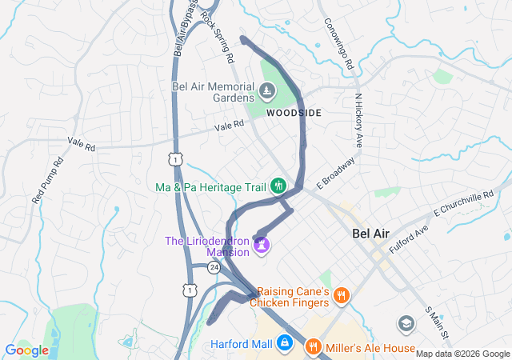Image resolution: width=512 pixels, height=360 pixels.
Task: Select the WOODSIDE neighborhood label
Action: (294, 113)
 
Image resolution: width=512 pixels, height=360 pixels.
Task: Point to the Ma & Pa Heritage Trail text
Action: (210, 187)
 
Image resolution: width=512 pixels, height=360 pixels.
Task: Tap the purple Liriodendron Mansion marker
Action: (262, 244)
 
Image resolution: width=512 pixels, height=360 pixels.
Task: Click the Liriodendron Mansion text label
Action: (207, 246)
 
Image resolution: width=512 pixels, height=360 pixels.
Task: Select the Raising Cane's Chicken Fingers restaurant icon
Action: (342, 296)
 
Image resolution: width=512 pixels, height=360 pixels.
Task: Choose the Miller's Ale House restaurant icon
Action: (313, 348)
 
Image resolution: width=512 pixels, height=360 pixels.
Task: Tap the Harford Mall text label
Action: (242, 345)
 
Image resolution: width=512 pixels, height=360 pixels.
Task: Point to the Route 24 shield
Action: (213, 267)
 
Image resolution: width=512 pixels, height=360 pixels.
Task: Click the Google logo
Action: (27, 350)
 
